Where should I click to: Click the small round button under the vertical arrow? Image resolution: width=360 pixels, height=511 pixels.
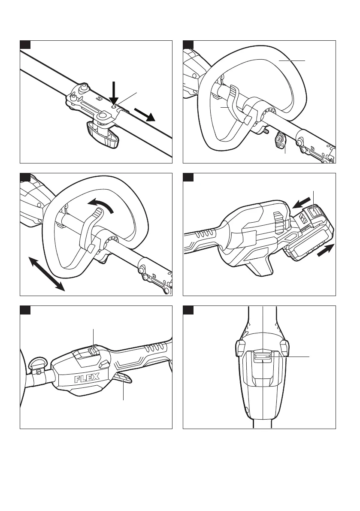[114, 105]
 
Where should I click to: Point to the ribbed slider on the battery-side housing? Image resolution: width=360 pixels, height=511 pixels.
[278, 221]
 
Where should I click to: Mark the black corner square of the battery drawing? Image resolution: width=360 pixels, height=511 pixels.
[188, 177]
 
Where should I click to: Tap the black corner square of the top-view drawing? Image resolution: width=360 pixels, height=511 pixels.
[188, 310]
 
